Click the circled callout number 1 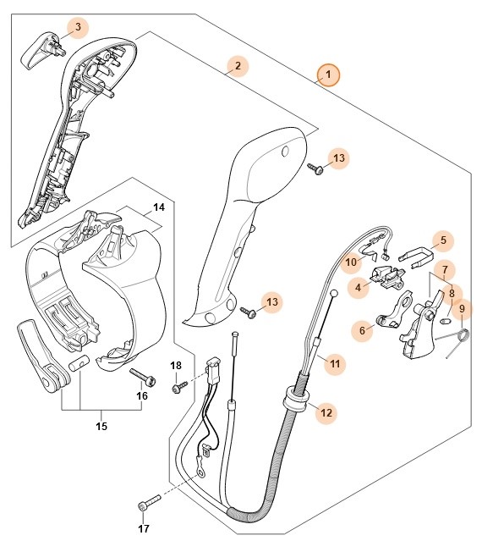coord(328,75)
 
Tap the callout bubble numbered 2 coord(238,65)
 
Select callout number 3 coord(78,27)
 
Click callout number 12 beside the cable coord(326,413)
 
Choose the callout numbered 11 coord(334,364)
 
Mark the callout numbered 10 coord(351,262)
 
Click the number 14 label coord(158,206)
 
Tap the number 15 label coord(102,426)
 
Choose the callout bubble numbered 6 coord(364,331)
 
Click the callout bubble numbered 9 coord(462,309)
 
